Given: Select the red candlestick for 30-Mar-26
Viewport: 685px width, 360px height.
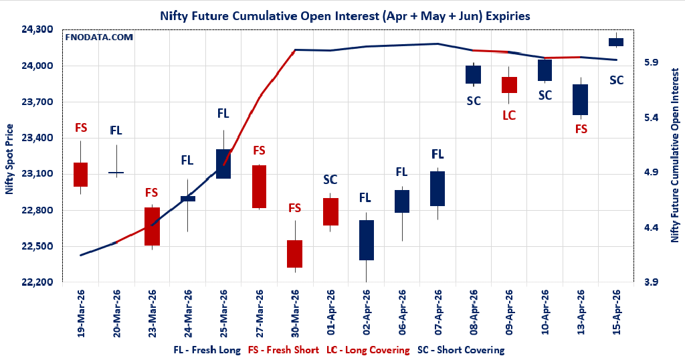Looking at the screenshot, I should (294, 254).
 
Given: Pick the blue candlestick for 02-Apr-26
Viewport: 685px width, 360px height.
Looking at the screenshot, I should (366, 240).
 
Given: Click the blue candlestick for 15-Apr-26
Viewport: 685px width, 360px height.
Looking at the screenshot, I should (616, 42).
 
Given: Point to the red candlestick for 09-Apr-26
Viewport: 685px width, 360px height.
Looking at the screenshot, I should (509, 85).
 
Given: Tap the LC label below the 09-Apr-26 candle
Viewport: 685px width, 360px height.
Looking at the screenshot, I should (509, 115).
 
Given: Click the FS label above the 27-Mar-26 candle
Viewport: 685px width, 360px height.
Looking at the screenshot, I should (259, 151).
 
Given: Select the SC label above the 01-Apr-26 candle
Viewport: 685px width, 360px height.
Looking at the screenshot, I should (330, 179).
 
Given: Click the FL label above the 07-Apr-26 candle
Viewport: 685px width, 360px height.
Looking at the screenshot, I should (437, 155).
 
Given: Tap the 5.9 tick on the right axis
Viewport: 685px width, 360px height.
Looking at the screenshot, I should (652, 62).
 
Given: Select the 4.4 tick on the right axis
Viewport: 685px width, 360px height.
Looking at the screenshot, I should (652, 228).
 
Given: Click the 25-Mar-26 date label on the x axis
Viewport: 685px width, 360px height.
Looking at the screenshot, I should (223, 312).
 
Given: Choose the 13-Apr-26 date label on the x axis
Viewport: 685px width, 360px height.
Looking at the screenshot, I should (581, 312).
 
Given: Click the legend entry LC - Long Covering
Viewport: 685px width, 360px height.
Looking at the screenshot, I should (367, 349).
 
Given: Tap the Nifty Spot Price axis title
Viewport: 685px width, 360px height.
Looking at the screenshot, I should (9, 159).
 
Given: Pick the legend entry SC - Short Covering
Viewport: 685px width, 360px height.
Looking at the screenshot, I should (461, 349).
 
